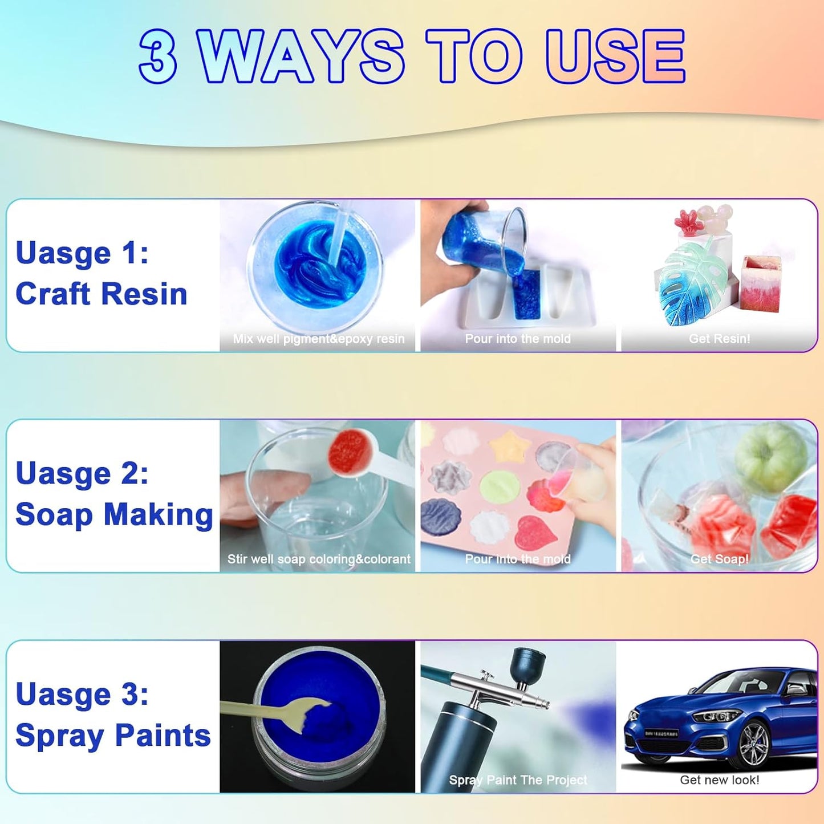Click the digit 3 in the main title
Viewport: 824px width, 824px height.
coord(158,56)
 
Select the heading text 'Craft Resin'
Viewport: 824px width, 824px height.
coord(102,294)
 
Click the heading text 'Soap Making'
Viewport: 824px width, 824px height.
coord(114,514)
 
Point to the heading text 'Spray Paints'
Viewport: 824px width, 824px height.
coord(113,735)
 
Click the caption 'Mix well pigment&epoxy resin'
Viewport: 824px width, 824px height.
coord(319,339)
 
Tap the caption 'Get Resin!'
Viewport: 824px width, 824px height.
coord(719,339)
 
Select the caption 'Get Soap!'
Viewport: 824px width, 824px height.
coord(719,559)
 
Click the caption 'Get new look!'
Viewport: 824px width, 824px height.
coord(719,780)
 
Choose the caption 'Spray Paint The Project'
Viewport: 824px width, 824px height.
coord(518,780)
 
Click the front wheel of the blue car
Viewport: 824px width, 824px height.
coord(754,744)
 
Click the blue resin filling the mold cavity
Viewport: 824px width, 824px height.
coord(526,294)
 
